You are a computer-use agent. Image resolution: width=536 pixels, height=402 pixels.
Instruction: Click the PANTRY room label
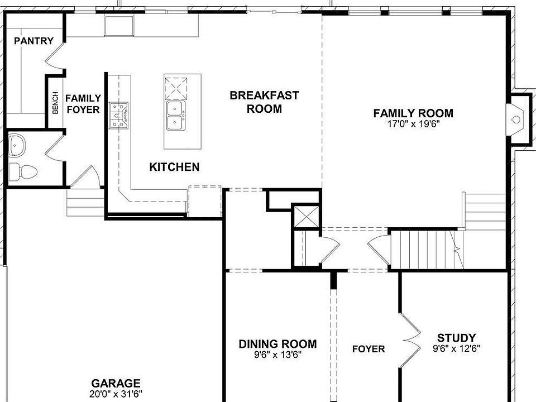point(33,41)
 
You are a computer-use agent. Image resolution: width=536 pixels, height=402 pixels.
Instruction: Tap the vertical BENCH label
point(55,103)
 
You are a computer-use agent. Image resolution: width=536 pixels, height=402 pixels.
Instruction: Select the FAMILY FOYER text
point(83,104)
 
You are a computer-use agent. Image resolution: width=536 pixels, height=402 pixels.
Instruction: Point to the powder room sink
point(17,146)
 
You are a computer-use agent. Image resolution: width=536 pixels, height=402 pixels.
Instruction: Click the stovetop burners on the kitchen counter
point(118,116)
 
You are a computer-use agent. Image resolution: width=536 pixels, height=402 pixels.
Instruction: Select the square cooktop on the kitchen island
point(175,88)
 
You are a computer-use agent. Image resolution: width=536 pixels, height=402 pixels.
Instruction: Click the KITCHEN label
point(174,167)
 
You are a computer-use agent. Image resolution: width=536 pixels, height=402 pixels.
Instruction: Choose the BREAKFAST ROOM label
point(264,102)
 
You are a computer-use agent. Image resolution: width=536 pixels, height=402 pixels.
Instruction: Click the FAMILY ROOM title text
point(413,113)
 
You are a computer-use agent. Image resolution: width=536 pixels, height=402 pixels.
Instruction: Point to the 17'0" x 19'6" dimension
point(413,124)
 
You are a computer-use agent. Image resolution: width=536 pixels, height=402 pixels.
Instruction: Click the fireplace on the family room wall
point(517,119)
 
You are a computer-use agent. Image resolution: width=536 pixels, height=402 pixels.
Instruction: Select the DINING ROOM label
point(277,344)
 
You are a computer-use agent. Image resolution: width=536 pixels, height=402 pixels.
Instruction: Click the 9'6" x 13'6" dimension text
point(277,355)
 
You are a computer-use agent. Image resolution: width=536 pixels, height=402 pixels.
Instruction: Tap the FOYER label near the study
point(368,350)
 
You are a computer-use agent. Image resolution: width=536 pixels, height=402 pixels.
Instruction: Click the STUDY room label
point(456,338)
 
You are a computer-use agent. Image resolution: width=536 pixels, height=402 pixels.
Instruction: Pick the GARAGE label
point(116,384)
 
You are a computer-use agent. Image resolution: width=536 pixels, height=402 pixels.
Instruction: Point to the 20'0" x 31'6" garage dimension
point(116,394)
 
